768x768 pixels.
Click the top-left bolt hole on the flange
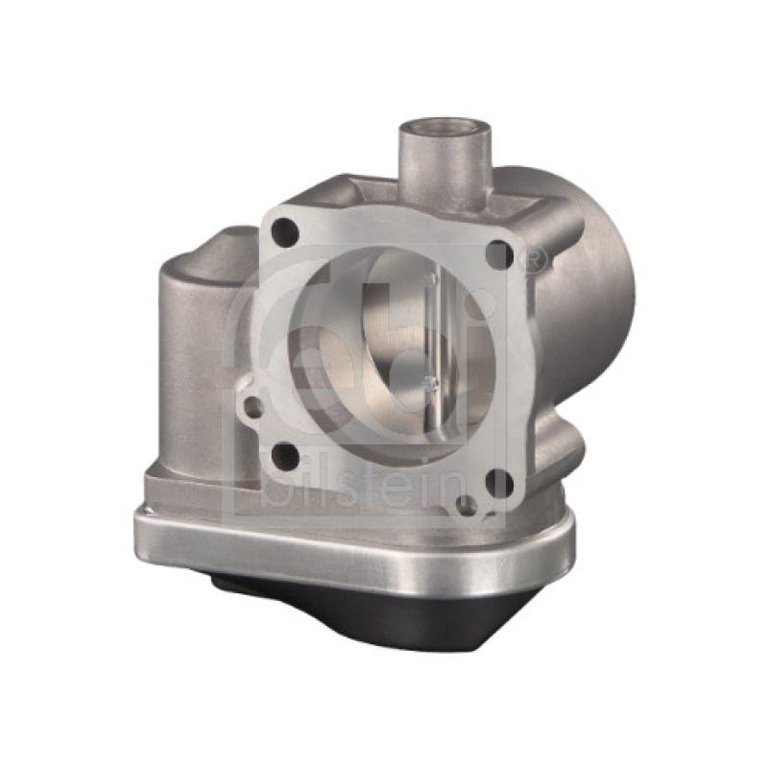285,230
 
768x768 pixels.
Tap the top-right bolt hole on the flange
498,253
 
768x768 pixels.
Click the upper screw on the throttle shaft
433,278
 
